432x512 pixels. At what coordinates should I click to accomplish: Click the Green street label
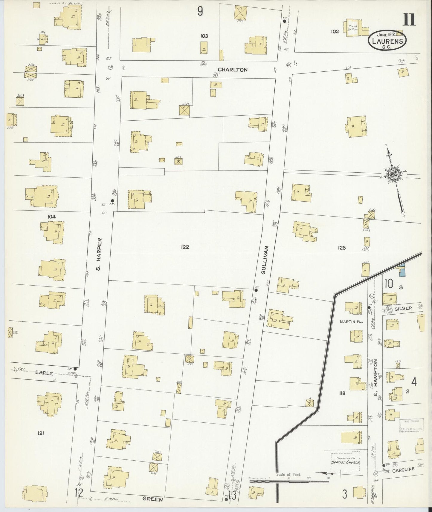[x=152, y=499]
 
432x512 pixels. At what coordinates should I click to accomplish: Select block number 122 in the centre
[x=185, y=247]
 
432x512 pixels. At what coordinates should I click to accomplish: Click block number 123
[x=342, y=247]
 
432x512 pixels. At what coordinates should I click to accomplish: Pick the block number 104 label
[x=51, y=216]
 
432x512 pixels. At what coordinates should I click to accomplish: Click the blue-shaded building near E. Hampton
[x=401, y=271]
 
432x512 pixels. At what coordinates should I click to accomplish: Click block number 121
[x=41, y=432]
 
